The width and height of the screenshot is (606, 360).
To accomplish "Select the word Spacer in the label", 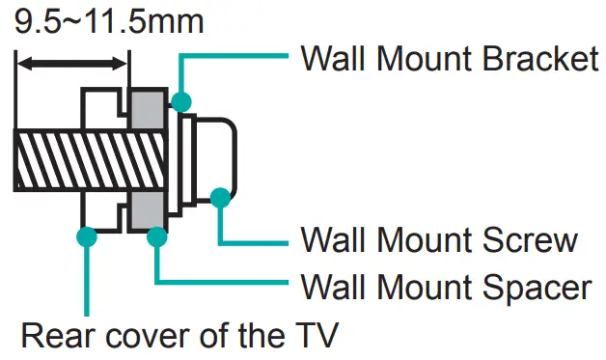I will [534, 287].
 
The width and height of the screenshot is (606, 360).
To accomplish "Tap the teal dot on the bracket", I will [181, 100].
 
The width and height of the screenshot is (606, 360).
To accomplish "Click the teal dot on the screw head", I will [220, 197].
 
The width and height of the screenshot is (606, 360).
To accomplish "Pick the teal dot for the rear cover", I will [88, 235].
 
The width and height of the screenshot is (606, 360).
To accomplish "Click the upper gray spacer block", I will [146, 110].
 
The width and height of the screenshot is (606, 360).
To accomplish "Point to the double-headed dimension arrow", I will [72, 64].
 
